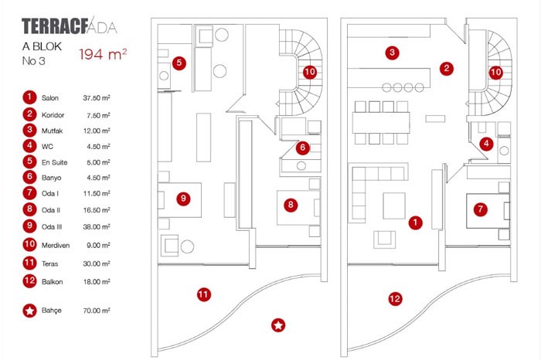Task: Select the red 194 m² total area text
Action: click(x=103, y=55)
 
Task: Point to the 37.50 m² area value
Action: click(x=97, y=99)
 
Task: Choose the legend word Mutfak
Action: click(x=54, y=131)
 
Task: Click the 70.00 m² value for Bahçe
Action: click(x=97, y=311)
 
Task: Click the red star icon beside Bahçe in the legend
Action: click(x=29, y=311)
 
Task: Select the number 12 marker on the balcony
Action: click(x=395, y=298)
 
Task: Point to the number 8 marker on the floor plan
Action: click(x=290, y=205)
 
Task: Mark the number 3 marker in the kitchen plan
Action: click(x=393, y=53)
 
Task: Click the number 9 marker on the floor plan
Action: click(x=183, y=199)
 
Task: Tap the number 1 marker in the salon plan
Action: click(x=416, y=222)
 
